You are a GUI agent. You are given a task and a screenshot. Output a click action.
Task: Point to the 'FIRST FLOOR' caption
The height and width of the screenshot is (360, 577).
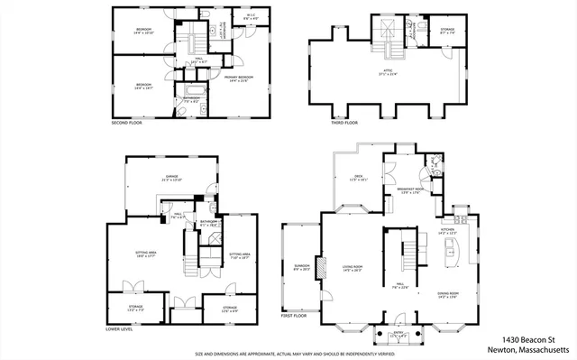294,316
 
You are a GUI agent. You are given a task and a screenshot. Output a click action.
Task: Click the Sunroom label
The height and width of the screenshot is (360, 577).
300,267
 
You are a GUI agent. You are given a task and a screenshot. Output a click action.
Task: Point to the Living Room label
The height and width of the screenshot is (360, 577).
352,268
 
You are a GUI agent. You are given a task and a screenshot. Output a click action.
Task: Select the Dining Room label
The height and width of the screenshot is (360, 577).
448,294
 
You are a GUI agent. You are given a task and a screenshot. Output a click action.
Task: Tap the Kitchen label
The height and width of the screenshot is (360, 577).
448,232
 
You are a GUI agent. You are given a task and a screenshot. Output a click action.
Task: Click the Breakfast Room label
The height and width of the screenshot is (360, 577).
409,190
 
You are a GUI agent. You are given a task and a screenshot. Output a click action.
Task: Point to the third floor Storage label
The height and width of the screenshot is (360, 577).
446,32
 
